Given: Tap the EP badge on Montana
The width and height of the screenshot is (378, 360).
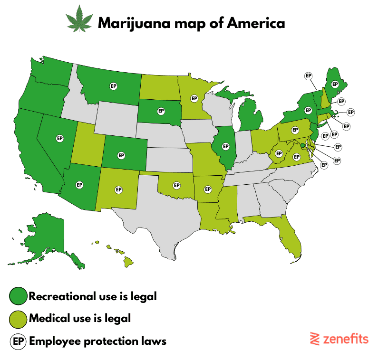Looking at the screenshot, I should (x=114, y=86).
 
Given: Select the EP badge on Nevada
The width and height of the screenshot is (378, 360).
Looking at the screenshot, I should (x=59, y=138).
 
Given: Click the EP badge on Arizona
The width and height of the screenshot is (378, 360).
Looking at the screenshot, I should (x=79, y=184).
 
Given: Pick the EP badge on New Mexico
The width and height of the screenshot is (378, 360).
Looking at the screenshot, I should (x=118, y=189).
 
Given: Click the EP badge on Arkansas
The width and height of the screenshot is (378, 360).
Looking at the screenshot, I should (x=207, y=189).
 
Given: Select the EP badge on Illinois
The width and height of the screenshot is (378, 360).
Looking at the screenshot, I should (x=225, y=146).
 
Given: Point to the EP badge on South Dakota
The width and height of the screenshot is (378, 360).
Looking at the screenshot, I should (x=161, y=111).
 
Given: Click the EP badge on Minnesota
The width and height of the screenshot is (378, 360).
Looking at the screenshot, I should (x=194, y=98).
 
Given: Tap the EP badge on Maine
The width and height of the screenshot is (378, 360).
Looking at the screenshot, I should (x=335, y=84).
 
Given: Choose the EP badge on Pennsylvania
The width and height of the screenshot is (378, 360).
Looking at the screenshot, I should (x=294, y=129).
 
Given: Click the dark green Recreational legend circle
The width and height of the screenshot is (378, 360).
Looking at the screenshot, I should (x=18, y=296).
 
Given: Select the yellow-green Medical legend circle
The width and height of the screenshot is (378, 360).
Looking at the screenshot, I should (x=18, y=319).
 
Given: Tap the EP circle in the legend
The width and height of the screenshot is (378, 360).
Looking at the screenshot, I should (x=18, y=341).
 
